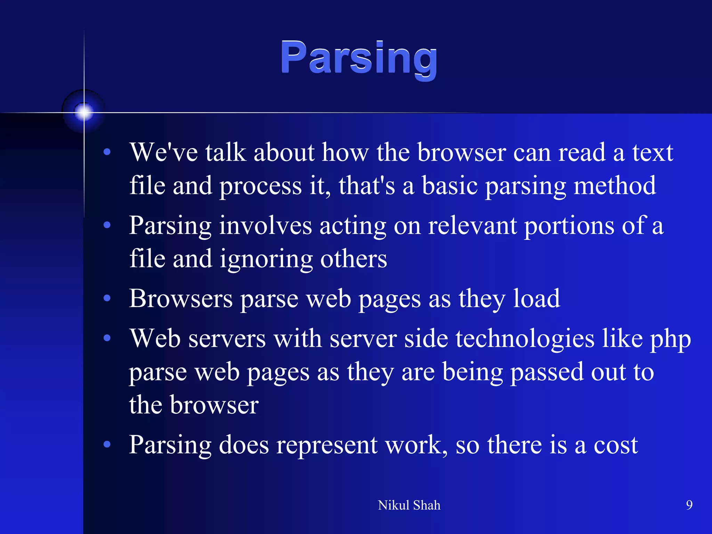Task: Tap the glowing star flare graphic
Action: click(83, 112)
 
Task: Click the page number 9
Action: click(689, 505)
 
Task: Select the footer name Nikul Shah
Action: click(409, 505)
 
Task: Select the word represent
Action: click(327, 446)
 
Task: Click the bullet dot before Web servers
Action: click(107, 338)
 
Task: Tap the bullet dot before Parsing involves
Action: click(107, 225)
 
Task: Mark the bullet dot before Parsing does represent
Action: click(107, 444)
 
